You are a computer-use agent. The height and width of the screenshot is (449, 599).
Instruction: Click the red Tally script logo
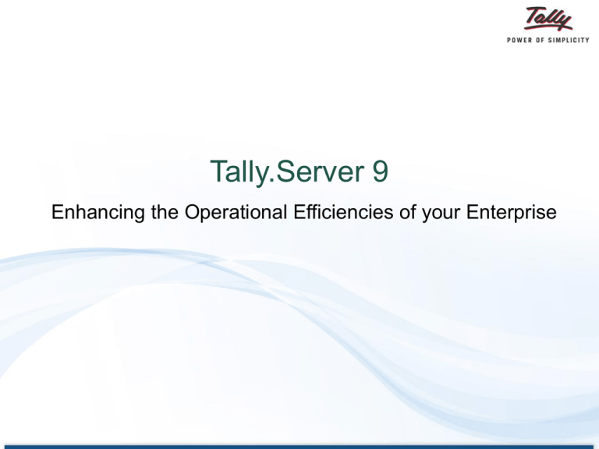(548, 19)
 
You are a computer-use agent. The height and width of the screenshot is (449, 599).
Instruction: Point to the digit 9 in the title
(380, 171)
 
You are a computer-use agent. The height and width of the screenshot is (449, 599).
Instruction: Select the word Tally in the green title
(240, 172)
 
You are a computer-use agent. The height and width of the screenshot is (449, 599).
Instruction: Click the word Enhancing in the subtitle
(97, 213)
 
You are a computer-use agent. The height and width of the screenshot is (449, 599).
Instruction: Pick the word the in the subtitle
(165, 212)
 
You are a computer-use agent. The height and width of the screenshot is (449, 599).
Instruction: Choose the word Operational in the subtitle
(236, 213)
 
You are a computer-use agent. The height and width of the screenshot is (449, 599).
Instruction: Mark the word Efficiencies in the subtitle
(343, 212)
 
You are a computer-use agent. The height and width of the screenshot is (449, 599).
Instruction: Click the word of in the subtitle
(408, 212)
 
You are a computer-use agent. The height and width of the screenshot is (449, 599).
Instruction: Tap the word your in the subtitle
(441, 214)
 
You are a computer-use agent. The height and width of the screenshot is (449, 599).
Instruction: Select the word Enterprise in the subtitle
(511, 213)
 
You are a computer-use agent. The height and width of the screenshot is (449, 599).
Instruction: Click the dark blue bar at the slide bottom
(299, 447)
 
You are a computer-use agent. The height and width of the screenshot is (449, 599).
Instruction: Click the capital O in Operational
(193, 212)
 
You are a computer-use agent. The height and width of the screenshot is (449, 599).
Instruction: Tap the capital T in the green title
(219, 171)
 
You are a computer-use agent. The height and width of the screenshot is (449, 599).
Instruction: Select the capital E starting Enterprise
(472, 212)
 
